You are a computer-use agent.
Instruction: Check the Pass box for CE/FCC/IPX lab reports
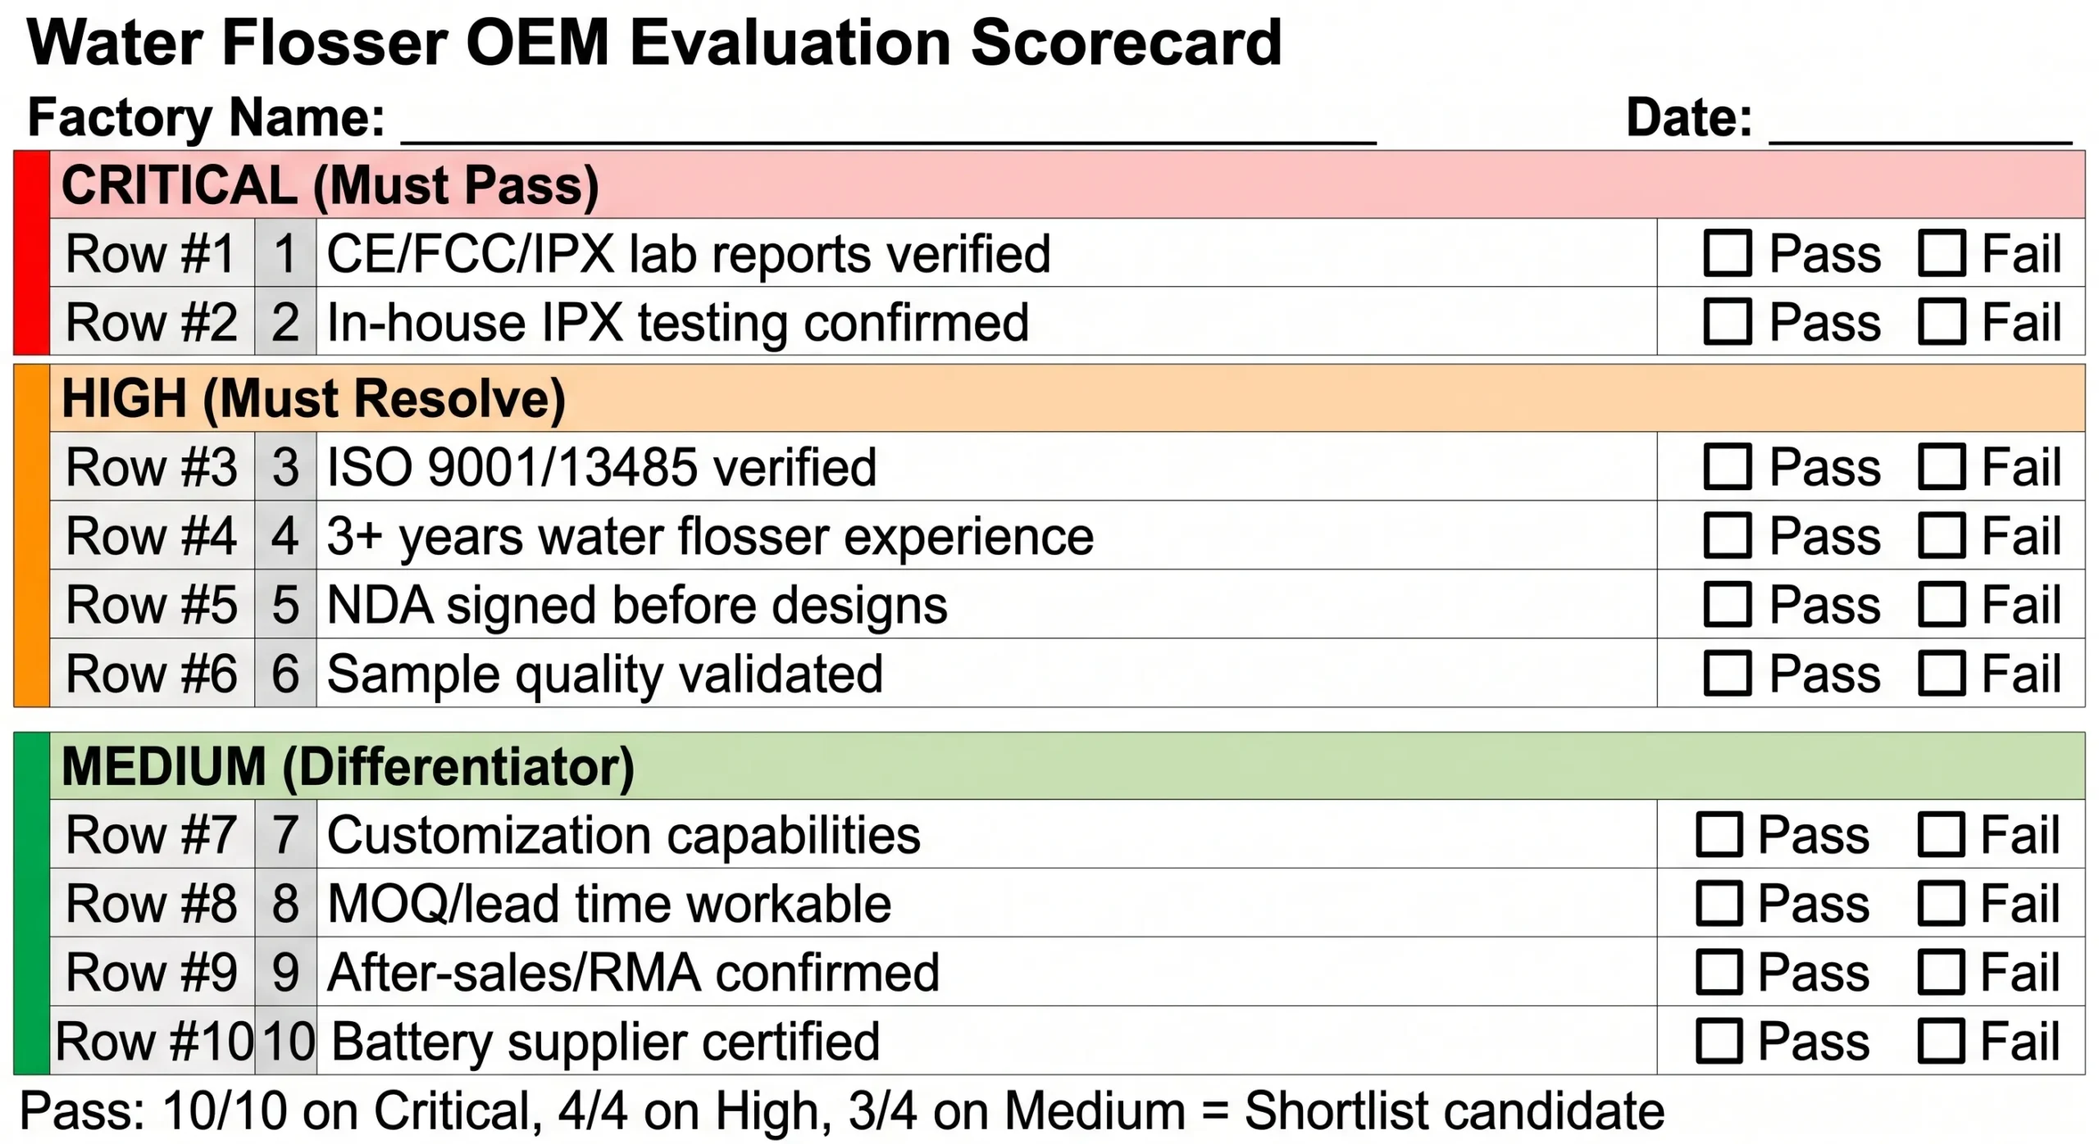point(1727,252)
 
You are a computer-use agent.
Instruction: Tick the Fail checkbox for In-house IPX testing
point(1941,321)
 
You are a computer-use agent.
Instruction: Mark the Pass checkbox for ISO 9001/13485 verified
point(1727,466)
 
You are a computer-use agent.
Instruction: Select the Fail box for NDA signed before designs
point(1941,604)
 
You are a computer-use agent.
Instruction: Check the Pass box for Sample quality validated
point(1727,673)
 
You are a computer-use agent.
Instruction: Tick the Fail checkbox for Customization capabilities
point(1941,834)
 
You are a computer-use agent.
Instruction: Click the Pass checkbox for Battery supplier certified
point(1719,1041)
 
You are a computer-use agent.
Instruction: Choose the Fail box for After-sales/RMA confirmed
point(1941,972)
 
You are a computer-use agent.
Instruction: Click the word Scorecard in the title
point(1126,43)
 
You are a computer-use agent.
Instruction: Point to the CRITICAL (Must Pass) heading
point(330,185)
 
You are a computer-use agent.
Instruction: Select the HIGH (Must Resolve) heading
point(313,399)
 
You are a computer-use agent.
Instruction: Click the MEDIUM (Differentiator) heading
point(348,767)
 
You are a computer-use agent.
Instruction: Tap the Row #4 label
point(151,536)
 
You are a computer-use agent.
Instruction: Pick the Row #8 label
point(151,904)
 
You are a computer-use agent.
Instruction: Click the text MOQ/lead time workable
point(608,904)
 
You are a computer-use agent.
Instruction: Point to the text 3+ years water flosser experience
point(710,536)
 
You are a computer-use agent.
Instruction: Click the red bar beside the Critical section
point(32,252)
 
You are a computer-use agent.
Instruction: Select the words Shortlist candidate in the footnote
point(1454,1111)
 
